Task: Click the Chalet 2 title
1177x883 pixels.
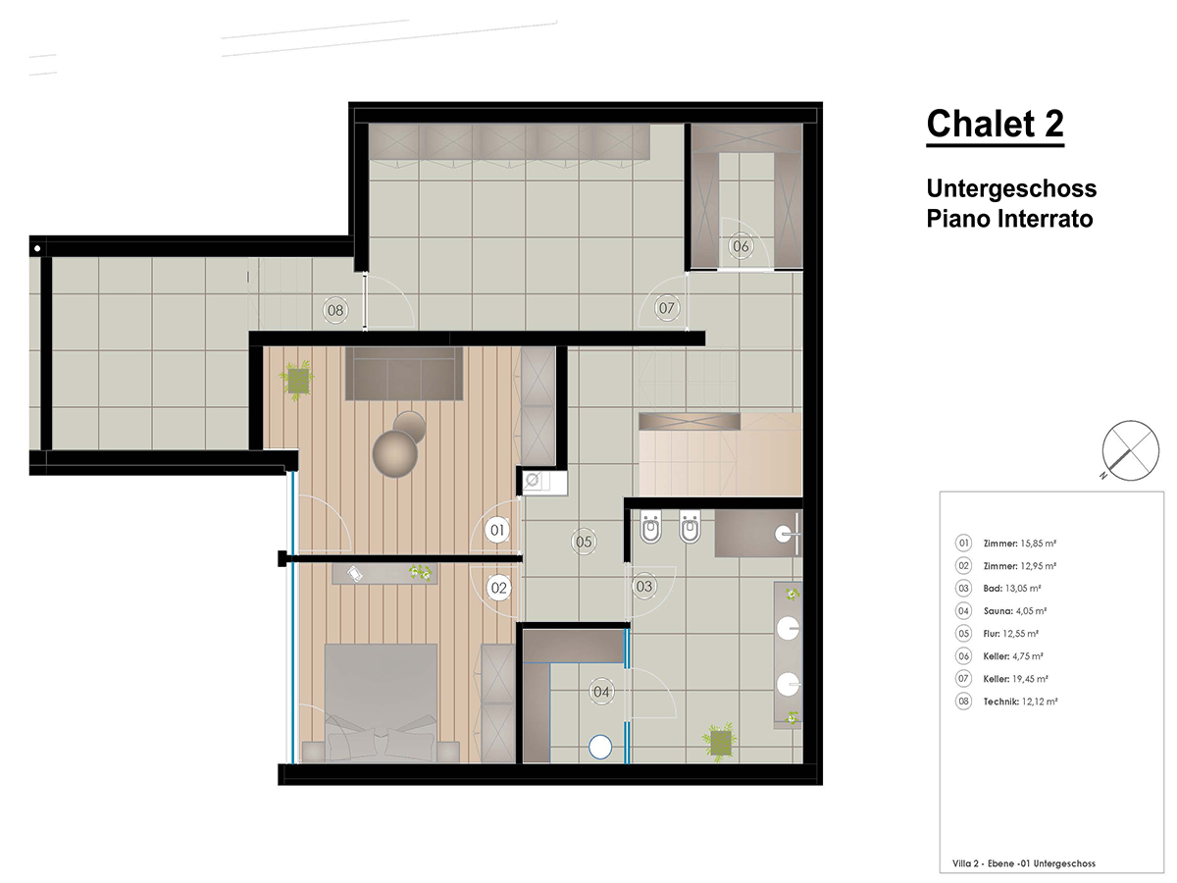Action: pyautogui.click(x=995, y=124)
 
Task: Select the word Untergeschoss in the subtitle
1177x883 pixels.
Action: pyautogui.click(x=1011, y=188)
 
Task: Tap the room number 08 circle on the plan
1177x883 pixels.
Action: pyautogui.click(x=335, y=310)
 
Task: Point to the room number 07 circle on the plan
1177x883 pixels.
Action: pyautogui.click(x=666, y=308)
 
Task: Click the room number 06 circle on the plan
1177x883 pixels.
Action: pyautogui.click(x=741, y=246)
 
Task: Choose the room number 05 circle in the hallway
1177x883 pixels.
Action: pyautogui.click(x=584, y=542)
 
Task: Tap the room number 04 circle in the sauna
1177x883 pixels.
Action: pyautogui.click(x=601, y=692)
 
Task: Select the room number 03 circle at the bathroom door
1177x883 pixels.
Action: pyautogui.click(x=644, y=586)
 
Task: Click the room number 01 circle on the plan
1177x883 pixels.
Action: pyautogui.click(x=497, y=530)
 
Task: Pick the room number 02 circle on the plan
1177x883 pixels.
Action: pyautogui.click(x=498, y=588)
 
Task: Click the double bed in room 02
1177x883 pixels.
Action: pyautogui.click(x=381, y=702)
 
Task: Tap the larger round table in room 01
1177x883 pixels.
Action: pyautogui.click(x=394, y=454)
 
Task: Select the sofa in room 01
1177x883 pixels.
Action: pyautogui.click(x=404, y=373)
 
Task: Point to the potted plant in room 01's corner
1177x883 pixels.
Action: pyautogui.click(x=297, y=380)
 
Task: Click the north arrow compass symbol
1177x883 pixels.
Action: pyautogui.click(x=1130, y=450)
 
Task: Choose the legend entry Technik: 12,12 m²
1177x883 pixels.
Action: pyautogui.click(x=1006, y=701)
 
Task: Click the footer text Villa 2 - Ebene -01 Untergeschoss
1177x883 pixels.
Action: pyautogui.click(x=1024, y=863)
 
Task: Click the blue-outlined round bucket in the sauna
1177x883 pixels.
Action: pyautogui.click(x=600, y=747)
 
